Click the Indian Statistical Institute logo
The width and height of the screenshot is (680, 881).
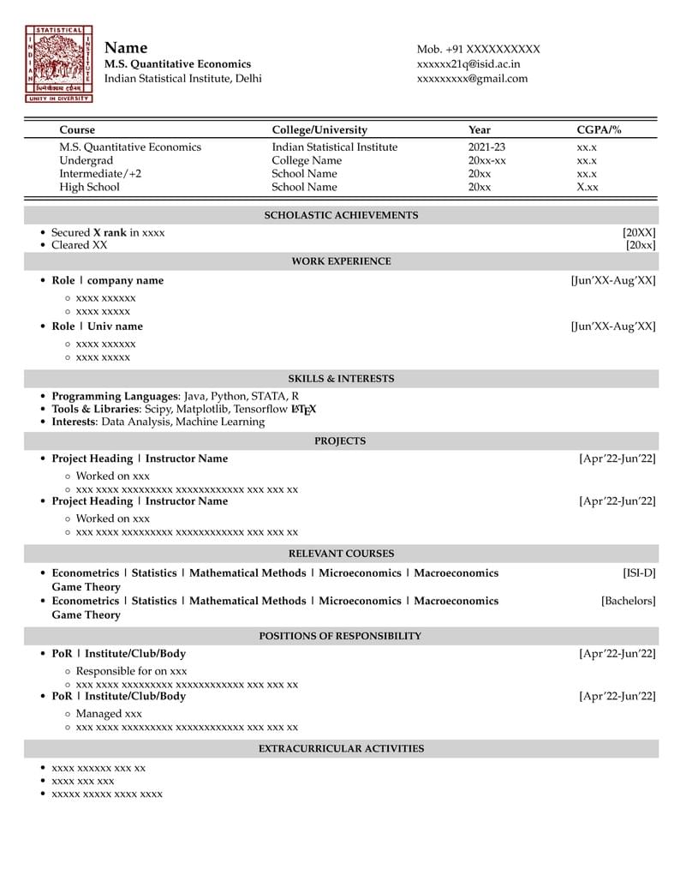point(59,64)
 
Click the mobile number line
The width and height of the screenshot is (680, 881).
point(478,50)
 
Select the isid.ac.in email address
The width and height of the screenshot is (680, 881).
point(468,64)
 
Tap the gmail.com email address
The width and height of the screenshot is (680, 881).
point(472,79)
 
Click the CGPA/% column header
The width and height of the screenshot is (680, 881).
point(599,130)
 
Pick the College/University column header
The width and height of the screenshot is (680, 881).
point(319,130)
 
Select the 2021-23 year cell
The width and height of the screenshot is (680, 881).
point(486,147)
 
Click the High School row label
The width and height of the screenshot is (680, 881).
point(89,187)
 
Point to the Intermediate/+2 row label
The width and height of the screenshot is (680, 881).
point(100,174)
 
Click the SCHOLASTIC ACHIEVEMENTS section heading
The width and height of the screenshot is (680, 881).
point(341,215)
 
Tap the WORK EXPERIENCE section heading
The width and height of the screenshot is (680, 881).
point(341,261)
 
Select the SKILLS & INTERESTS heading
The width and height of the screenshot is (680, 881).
point(341,378)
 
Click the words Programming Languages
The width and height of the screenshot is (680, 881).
point(116,396)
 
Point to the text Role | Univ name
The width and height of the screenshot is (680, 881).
point(98,327)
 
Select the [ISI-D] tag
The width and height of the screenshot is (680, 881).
point(639,573)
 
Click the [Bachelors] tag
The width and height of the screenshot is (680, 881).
point(628,602)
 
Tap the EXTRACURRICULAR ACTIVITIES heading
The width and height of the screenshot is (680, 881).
point(341,749)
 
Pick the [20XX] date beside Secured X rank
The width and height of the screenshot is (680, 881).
point(639,232)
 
